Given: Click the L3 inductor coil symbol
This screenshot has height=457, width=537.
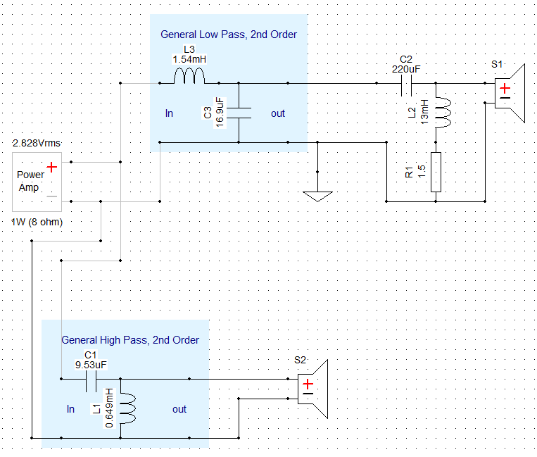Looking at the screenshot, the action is (x=189, y=76).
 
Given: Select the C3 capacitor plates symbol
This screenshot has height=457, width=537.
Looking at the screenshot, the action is (x=239, y=113).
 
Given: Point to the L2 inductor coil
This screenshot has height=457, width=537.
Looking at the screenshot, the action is (x=442, y=113).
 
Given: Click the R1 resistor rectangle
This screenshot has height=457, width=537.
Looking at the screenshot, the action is (x=436, y=172).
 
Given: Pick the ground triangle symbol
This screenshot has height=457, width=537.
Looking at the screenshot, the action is (x=318, y=196).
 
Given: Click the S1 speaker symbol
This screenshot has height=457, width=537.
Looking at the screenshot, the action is (x=510, y=93).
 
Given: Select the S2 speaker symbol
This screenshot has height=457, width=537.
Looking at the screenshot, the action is (x=312, y=389).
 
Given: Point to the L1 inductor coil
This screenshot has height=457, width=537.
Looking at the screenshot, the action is (x=128, y=408).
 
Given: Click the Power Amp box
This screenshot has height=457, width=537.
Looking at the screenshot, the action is (x=37, y=182).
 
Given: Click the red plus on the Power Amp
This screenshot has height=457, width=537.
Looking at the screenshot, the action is (x=51, y=168).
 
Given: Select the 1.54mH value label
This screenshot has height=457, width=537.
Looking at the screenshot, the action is (x=189, y=59).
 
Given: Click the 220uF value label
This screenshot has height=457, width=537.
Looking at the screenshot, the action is (x=406, y=69).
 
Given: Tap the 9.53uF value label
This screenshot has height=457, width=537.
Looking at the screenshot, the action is (x=91, y=365).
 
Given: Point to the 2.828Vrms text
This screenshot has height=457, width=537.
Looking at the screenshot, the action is (x=37, y=143).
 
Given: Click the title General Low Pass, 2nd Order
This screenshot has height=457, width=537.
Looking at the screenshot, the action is (x=229, y=35).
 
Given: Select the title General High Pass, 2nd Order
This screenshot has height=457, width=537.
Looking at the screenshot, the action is (x=130, y=340).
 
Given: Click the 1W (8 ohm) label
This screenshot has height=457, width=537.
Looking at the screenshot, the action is (x=37, y=222).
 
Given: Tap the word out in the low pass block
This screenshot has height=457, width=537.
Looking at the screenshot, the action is (x=278, y=113).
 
